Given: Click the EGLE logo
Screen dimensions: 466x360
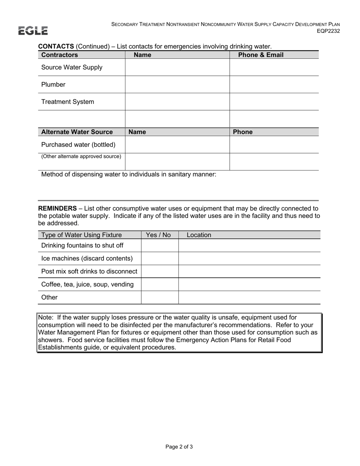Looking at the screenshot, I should (x=33, y=31).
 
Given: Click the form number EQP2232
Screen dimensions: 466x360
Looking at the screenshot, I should (x=328, y=31).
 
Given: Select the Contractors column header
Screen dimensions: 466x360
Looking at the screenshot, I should (x=59, y=55).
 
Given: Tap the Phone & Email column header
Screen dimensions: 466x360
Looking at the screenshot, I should (x=261, y=55).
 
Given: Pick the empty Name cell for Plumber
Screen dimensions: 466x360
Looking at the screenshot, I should (x=177, y=84).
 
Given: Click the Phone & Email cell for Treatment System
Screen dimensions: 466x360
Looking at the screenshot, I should (x=274, y=102).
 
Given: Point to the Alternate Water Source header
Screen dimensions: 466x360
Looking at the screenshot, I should (x=77, y=132).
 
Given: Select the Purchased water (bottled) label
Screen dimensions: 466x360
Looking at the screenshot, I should (x=78, y=145).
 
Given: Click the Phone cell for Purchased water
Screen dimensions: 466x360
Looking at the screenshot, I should (x=274, y=145).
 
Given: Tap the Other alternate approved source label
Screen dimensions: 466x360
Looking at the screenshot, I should (x=81, y=156).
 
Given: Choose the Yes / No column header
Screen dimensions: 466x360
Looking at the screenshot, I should (x=158, y=235).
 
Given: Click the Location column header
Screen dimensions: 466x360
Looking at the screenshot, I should (x=199, y=235).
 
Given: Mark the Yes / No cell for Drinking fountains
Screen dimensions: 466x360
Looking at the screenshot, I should (x=160, y=246).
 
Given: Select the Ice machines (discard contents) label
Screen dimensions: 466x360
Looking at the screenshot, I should (x=87, y=258).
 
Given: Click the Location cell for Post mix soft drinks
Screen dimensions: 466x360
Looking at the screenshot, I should (x=249, y=271).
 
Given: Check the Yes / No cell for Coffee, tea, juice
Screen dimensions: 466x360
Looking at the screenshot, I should (x=160, y=284).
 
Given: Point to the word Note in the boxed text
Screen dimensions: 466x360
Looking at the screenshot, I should (x=45, y=317).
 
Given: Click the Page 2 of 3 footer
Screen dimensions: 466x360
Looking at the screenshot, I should (x=179, y=447).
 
